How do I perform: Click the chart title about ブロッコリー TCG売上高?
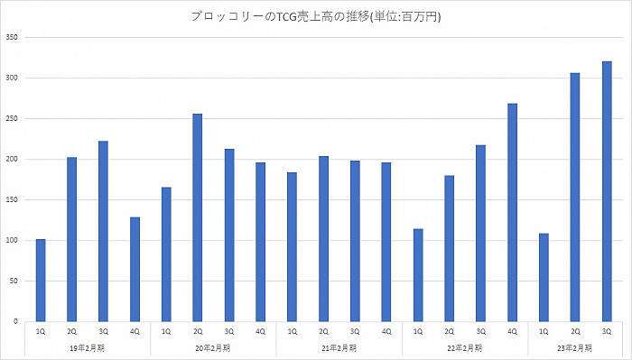pos(315,16)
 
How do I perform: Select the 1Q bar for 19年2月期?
pos(41,280)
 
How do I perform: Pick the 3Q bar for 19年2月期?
pos(103,231)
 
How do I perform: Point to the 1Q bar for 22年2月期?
pos(417,275)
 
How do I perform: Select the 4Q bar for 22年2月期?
pos(512,212)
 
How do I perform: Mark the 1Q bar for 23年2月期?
pos(544,277)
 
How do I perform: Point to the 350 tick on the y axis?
pos(12,38)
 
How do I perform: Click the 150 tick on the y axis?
pos(12,200)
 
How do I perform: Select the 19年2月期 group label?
pos(88,347)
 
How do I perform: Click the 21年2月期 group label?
pos(339,347)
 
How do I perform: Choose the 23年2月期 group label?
pos(575,347)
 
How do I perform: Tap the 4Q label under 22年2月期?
pos(512,332)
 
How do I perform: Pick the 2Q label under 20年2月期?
pos(198,332)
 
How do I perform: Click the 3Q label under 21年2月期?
pos(355,332)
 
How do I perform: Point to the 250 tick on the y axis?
pos(12,119)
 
